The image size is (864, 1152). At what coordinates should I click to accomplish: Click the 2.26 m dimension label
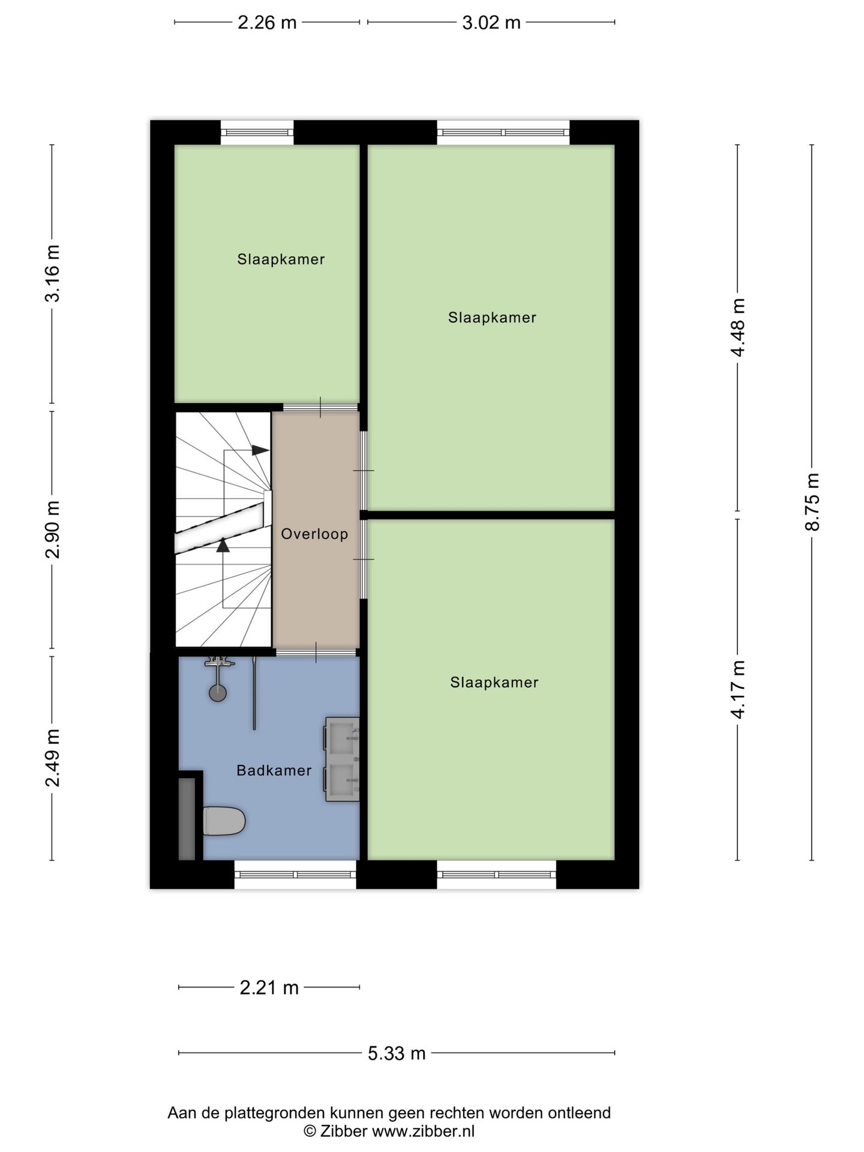click(267, 23)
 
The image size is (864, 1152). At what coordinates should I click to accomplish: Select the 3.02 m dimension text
click(491, 23)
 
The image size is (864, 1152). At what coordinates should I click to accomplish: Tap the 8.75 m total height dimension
click(812, 502)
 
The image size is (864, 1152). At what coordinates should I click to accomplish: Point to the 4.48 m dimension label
click(737, 328)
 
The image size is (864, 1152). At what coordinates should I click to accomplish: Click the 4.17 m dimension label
click(737, 689)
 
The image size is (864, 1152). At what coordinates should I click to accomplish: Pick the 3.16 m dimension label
click(52, 274)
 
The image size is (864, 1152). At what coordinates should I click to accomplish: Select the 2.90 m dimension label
click(52, 529)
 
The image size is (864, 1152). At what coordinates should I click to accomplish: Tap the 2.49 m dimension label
click(52, 758)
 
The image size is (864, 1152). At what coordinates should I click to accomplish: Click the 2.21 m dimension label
click(269, 987)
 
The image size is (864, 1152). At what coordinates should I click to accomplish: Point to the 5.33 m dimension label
click(397, 1053)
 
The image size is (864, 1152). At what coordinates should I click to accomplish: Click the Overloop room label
click(314, 534)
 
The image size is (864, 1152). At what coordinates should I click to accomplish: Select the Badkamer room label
click(274, 770)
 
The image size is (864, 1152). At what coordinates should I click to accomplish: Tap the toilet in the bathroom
click(223, 821)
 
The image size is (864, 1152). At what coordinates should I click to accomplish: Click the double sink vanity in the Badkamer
click(342, 759)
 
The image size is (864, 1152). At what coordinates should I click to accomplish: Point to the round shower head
click(218, 693)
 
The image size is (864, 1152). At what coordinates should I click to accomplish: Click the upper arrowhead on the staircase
click(260, 450)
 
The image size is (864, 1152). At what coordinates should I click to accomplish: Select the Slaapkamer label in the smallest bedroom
click(281, 259)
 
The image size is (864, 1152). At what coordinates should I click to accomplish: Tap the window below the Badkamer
click(295, 874)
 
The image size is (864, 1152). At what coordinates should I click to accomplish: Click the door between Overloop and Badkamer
click(315, 652)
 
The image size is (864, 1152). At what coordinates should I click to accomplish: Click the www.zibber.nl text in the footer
click(424, 1132)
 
